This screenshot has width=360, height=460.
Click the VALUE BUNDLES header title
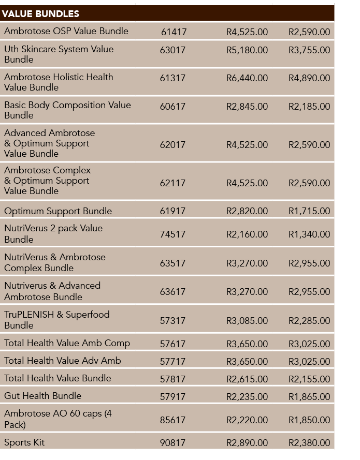pyautogui.click(x=40, y=14)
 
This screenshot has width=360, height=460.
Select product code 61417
pyautogui.click(x=174, y=32)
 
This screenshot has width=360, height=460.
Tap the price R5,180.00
pyautogui.click(x=247, y=50)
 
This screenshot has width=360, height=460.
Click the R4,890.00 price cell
pyautogui.click(x=309, y=78)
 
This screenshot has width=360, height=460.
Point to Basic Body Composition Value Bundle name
pyautogui.click(x=67, y=110)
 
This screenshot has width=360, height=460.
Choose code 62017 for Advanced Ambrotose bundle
pyautogui.click(x=172, y=145)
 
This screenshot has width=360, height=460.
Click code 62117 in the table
pyautogui.click(x=172, y=183)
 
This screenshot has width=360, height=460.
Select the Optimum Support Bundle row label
pyautogui.click(x=58, y=211)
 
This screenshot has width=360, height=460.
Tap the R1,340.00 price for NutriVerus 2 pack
pyautogui.click(x=309, y=234)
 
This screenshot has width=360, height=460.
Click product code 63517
pyautogui.click(x=172, y=263)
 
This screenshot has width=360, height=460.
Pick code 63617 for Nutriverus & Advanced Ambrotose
pyautogui.click(x=172, y=292)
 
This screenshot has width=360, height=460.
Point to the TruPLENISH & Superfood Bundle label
pyautogui.click(x=56, y=320)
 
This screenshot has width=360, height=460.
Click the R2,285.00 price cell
pyautogui.click(x=309, y=320)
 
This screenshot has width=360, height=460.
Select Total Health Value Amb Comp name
pyautogui.click(x=67, y=343)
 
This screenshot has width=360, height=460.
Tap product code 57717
pyautogui.click(x=172, y=361)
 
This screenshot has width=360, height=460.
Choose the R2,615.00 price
pyautogui.click(x=247, y=379)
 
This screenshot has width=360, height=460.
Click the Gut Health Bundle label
pyautogui.click(x=42, y=396)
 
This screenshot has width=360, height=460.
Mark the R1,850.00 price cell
pyautogui.click(x=309, y=420)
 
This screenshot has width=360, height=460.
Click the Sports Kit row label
pyautogui.click(x=24, y=442)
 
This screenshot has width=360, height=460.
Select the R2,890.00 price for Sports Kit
pyautogui.click(x=247, y=443)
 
